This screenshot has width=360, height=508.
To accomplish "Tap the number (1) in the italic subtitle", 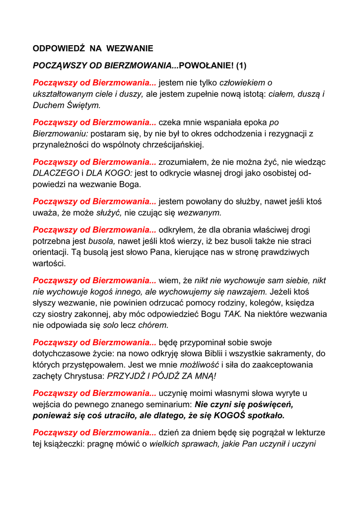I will [241, 65].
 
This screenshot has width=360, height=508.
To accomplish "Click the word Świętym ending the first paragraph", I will [80, 105].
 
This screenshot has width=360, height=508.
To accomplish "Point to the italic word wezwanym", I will [200, 213].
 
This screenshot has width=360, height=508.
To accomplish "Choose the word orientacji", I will [52, 253].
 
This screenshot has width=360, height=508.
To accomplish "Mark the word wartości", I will [49, 264].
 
